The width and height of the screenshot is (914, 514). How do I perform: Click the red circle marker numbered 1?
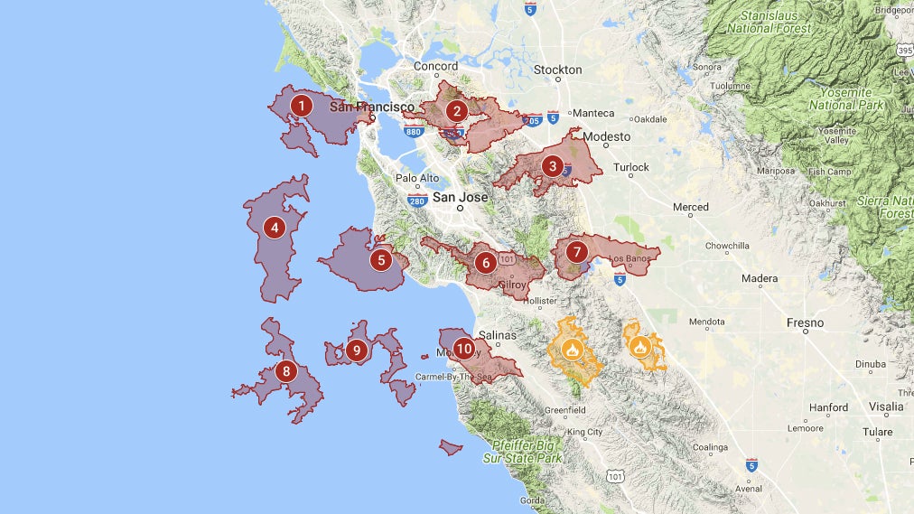(x=301, y=106)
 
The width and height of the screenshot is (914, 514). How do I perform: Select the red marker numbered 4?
(x=275, y=227)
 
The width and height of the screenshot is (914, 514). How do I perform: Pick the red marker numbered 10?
(x=464, y=348)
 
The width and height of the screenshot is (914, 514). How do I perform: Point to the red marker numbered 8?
(x=286, y=370)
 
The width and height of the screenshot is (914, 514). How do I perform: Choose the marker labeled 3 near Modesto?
(x=552, y=166)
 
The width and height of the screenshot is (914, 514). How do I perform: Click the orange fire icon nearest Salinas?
(x=572, y=349)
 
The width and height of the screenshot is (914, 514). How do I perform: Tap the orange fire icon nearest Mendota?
(x=639, y=346)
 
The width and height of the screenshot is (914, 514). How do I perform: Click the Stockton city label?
(x=557, y=70)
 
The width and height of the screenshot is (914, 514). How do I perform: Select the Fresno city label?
(x=805, y=322)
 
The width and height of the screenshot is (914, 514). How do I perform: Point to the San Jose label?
(x=460, y=197)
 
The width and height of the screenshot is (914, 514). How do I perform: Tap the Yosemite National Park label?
(x=840, y=98)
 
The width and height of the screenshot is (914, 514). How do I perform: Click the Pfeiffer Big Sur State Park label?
(x=527, y=451)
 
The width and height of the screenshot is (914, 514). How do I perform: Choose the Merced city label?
(x=690, y=207)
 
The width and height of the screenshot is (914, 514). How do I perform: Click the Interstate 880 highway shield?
(x=414, y=132)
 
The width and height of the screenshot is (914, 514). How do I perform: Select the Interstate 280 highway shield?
(x=416, y=201)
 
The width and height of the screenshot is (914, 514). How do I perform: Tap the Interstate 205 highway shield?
(x=531, y=119)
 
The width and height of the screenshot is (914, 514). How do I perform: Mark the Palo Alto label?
(x=417, y=178)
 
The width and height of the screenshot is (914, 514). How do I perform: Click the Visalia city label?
(x=886, y=407)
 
